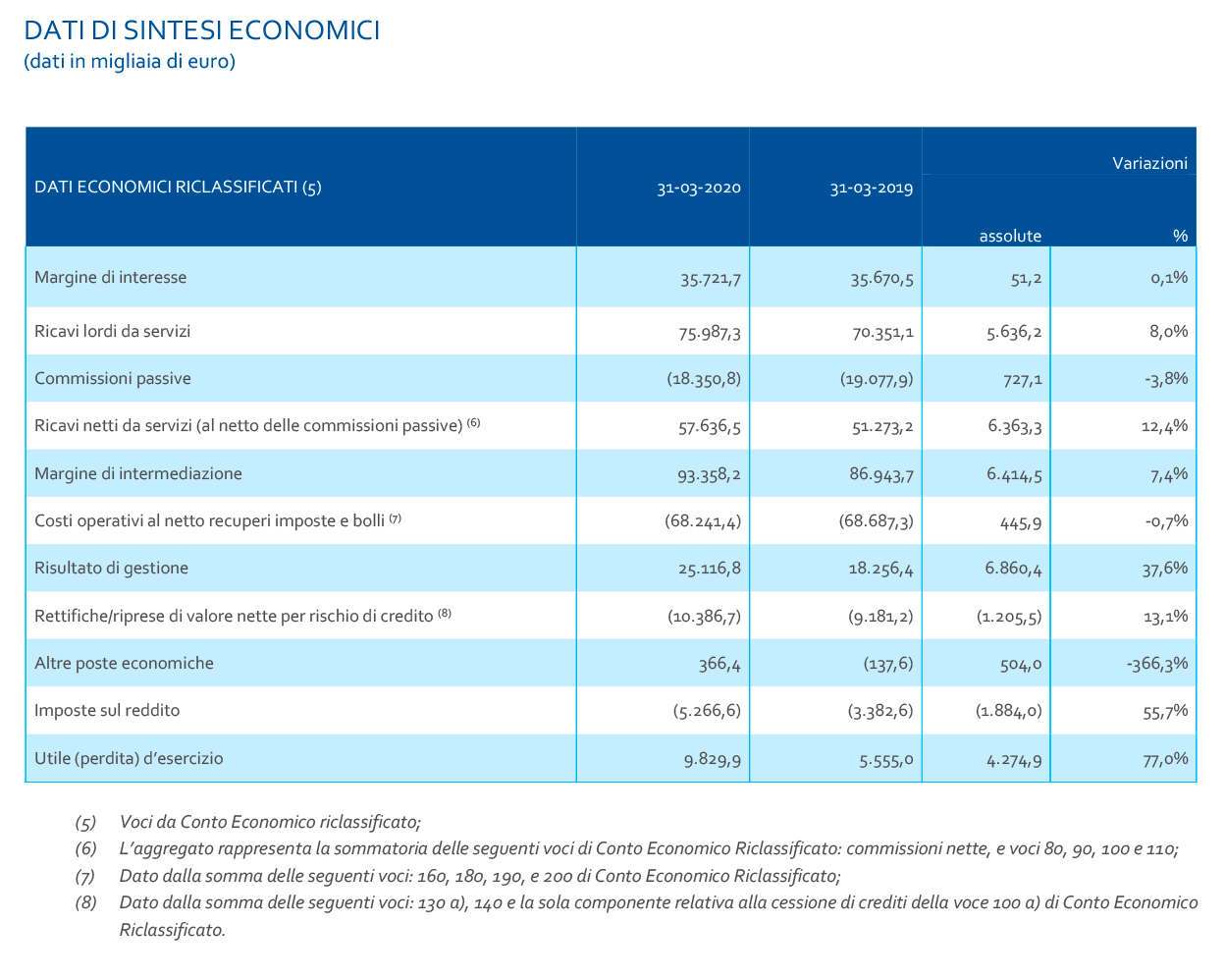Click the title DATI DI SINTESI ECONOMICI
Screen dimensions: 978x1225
tap(201, 30)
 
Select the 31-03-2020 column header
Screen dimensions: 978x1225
tap(699, 189)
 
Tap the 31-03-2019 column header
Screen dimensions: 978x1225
tap(871, 189)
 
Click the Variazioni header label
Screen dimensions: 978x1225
tap(1149, 163)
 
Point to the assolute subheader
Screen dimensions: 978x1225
tap(1010, 236)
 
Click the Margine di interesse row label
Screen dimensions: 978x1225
tap(110, 277)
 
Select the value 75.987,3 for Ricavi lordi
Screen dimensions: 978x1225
tap(710, 333)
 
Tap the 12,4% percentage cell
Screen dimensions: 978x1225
tap(1167, 426)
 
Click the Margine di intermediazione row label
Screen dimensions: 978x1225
tap(137, 473)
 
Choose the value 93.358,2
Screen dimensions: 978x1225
tap(709, 474)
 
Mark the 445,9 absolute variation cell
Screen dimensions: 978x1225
tap(1020, 522)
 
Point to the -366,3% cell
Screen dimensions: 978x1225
tap(1157, 664)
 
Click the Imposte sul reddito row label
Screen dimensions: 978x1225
tap(107, 710)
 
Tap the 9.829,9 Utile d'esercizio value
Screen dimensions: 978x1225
tap(713, 759)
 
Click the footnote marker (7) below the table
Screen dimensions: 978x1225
tap(85, 876)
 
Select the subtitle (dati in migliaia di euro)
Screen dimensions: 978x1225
tap(130, 62)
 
